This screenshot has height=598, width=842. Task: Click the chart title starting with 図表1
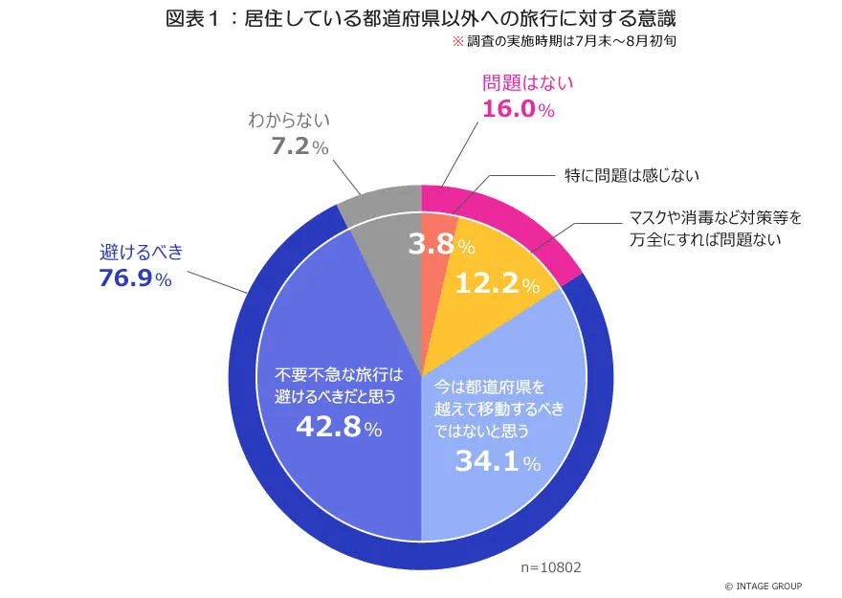pos(421,19)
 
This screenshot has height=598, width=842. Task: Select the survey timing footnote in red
pos(565,43)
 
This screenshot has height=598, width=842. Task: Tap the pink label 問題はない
pos(527,82)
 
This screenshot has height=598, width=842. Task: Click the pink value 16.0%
pos(518,109)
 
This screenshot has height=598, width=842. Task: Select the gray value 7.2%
pos(300,147)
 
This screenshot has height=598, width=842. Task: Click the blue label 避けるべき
pos(141,253)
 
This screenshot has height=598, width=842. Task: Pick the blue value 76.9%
pos(135,279)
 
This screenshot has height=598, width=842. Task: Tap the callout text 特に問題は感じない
pos(629,175)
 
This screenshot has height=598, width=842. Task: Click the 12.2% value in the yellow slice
pos(497,284)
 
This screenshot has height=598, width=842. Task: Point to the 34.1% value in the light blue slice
pos(498,462)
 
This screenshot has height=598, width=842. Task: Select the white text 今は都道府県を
pos(488,388)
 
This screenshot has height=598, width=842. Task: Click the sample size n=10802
pos(550,567)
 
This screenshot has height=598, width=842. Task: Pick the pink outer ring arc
pos(517,216)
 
